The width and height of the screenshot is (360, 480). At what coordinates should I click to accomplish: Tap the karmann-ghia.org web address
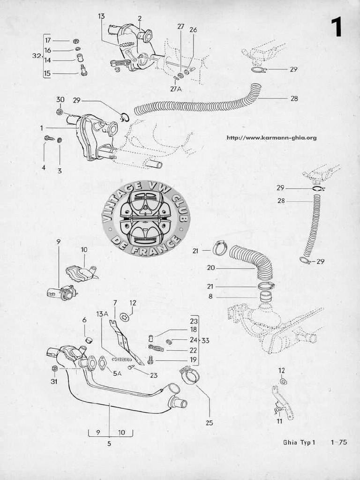(x=271, y=138)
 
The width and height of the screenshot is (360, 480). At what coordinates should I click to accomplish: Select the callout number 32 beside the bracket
(x=37, y=56)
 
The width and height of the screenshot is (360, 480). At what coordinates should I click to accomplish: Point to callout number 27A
(x=176, y=89)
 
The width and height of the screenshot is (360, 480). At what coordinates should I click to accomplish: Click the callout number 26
(x=193, y=30)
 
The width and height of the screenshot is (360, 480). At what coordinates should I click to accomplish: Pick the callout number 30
(x=60, y=99)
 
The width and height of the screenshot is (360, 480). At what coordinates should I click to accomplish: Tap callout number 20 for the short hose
(x=211, y=268)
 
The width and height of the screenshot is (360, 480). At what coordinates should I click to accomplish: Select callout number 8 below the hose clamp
(x=210, y=296)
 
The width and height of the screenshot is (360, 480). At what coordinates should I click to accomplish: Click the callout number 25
(x=209, y=423)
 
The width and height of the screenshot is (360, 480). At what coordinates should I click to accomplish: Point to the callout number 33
(x=205, y=340)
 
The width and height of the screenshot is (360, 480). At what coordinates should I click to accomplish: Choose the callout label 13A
(x=102, y=313)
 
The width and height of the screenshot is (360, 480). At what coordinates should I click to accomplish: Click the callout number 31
(x=54, y=382)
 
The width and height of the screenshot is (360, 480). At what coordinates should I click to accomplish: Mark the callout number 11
(x=279, y=421)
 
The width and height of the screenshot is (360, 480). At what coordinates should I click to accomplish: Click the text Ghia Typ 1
(x=300, y=442)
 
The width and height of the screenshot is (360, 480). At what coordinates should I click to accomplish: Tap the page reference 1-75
(x=339, y=442)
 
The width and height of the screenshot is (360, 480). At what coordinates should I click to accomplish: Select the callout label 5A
(x=117, y=374)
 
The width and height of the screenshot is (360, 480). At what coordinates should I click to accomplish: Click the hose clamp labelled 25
(x=189, y=375)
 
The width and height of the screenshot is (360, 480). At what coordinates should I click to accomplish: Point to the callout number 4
(x=44, y=167)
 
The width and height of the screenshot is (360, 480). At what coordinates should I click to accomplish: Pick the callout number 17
(x=48, y=40)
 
